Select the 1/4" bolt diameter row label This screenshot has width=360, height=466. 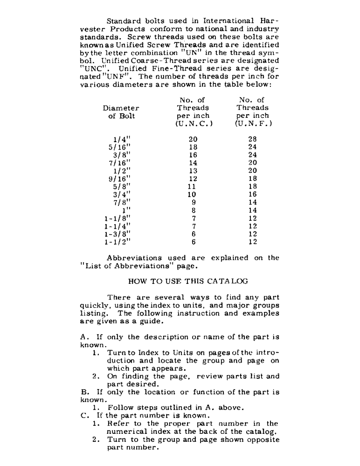click(x=118, y=139)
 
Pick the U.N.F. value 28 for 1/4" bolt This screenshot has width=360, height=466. click(x=252, y=139)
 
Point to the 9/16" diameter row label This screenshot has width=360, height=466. click(x=117, y=178)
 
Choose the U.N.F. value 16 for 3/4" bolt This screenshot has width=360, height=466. click(x=252, y=194)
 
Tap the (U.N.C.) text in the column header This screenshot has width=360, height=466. click(x=194, y=124)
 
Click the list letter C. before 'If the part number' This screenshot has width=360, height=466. click(x=83, y=416)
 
